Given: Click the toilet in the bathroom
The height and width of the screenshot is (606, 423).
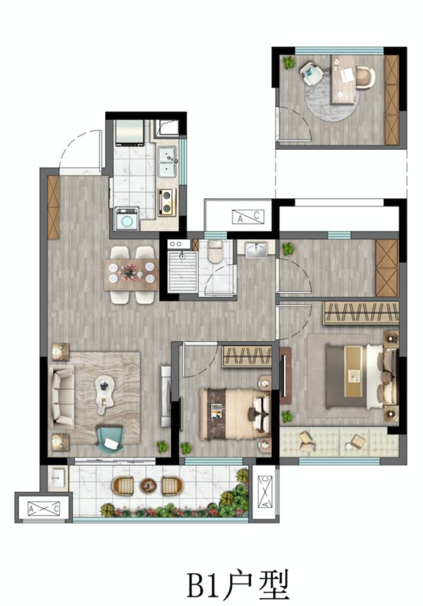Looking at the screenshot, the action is (x=215, y=251).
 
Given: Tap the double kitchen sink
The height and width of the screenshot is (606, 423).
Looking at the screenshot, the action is (x=168, y=161).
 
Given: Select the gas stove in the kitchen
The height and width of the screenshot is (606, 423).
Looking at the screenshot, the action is (x=167, y=202).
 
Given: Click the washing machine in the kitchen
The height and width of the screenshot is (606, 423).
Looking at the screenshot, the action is (x=127, y=219).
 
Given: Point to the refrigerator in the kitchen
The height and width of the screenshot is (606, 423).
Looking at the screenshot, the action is (x=129, y=133).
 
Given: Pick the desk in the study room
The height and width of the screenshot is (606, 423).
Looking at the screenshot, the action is (x=343, y=80).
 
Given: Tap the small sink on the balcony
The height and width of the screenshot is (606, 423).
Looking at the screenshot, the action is (x=57, y=478).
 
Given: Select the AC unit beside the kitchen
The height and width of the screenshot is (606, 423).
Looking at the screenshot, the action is (x=248, y=217).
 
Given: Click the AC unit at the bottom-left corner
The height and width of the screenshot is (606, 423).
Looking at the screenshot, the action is (x=44, y=508).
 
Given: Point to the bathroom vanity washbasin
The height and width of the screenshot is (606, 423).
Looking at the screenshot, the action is (x=256, y=249).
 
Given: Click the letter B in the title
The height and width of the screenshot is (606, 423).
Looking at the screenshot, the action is (x=197, y=585).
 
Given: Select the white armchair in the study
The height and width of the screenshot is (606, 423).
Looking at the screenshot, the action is (x=311, y=73).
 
